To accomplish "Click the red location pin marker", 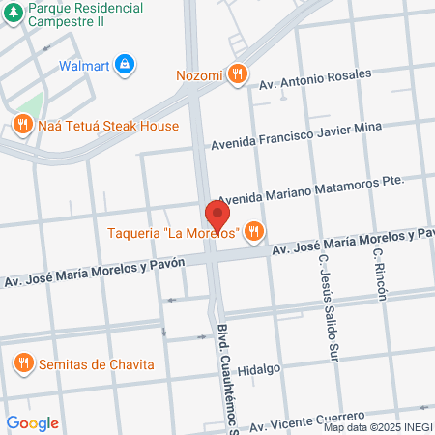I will pyautogui.click(x=217, y=215).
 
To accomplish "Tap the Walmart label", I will pyautogui.click(x=84, y=66).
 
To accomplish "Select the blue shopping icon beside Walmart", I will pyautogui.click(x=124, y=66).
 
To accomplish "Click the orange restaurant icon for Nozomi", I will pyautogui.click(x=238, y=73).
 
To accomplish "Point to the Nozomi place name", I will pyautogui.click(x=200, y=73).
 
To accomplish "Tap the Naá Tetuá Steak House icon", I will pyautogui.click(x=22, y=124).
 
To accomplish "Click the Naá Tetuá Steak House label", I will pyautogui.click(x=108, y=125).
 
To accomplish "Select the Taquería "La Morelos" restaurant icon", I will pyautogui.click(x=253, y=230).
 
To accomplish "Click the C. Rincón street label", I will pyautogui.click(x=380, y=275).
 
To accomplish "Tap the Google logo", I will pyautogui.click(x=32, y=422).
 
